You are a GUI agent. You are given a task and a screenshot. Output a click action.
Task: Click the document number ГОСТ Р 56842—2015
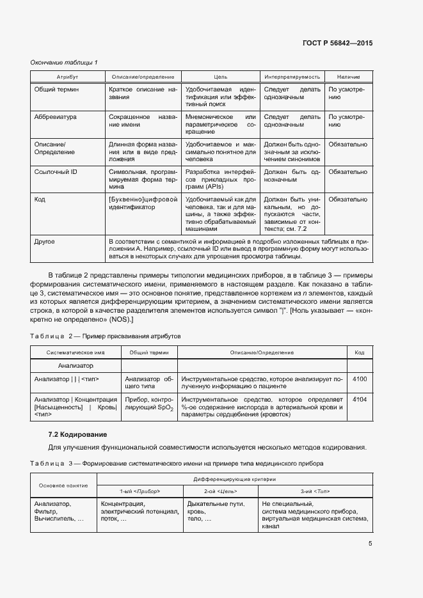[x=337, y=43]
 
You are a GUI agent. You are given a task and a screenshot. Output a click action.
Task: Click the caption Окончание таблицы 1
[x=64, y=62]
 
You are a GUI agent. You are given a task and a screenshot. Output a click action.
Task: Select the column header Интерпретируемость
[x=291, y=76]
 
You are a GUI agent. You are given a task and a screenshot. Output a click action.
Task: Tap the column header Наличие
[x=347, y=76]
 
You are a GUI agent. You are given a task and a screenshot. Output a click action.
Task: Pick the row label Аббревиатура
[x=55, y=118]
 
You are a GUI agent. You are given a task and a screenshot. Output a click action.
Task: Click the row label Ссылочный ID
[x=56, y=172]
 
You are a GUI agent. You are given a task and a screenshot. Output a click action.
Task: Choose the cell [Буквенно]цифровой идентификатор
[x=141, y=203]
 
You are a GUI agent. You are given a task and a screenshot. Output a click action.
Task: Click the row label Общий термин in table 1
[x=56, y=90]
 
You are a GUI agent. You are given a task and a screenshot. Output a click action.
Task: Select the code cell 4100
[x=360, y=379]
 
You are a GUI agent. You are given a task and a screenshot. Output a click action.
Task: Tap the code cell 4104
[x=360, y=400]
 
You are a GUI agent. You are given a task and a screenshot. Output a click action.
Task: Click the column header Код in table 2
[x=360, y=352]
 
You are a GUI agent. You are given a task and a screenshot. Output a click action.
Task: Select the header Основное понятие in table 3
[x=63, y=485]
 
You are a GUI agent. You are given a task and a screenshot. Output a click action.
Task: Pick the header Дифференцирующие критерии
[x=234, y=479]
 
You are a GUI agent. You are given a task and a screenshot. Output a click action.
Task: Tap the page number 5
[x=370, y=544]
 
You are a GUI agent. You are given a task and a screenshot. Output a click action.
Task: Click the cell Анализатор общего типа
[x=149, y=383]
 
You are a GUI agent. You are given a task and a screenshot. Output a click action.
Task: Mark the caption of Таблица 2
[x=106, y=336]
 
